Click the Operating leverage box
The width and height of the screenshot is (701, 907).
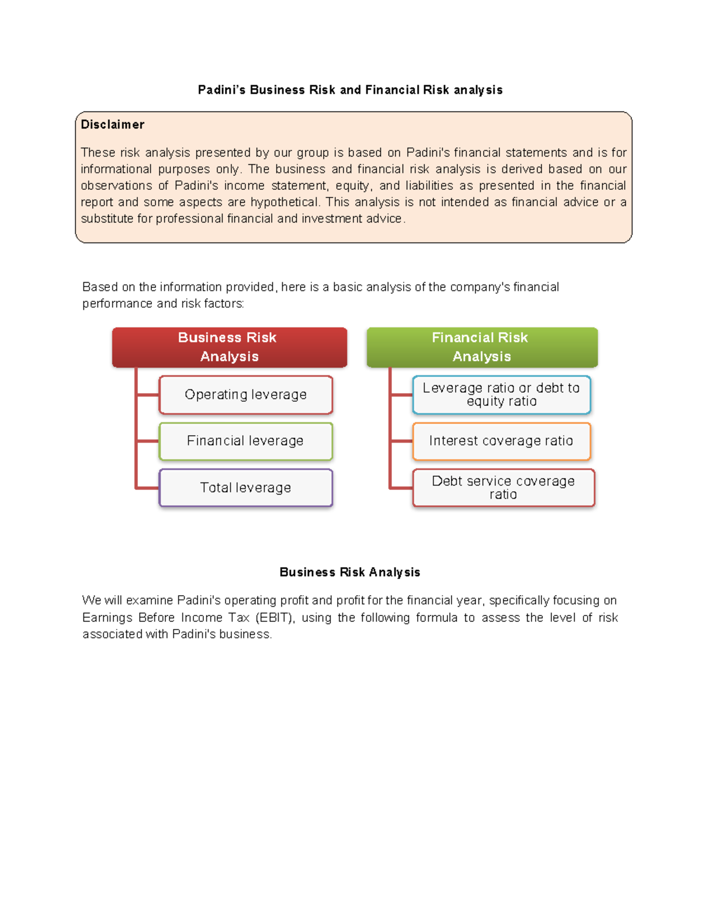click(x=245, y=395)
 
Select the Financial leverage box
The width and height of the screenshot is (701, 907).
click(x=245, y=441)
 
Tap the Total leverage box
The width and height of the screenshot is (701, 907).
click(x=245, y=488)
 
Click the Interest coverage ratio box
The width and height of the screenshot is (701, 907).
click(x=501, y=441)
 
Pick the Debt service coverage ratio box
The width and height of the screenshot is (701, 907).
click(x=503, y=488)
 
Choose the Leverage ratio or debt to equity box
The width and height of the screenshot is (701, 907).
click(x=501, y=395)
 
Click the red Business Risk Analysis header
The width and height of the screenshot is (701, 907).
click(x=229, y=347)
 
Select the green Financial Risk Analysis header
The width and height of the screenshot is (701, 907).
click(x=481, y=347)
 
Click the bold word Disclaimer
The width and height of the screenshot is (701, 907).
click(x=112, y=124)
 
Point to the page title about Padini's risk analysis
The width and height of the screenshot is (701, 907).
click(x=350, y=90)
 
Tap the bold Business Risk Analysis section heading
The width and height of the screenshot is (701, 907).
click(x=349, y=572)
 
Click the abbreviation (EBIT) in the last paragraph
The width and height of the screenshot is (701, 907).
click(x=275, y=618)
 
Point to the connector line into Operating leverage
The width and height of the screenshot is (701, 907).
click(x=147, y=395)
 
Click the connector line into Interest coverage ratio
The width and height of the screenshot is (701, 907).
click(x=401, y=441)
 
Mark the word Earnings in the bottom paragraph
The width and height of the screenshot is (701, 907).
click(x=107, y=618)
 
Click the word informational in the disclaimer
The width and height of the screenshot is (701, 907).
click(x=116, y=169)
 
